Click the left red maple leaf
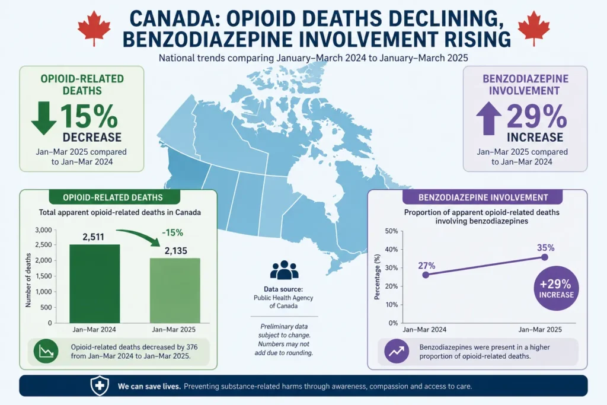click(94, 28)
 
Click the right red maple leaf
click(534, 28)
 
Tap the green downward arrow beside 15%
click(44, 118)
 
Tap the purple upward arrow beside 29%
click(488, 118)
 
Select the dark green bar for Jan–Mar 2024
click(95, 283)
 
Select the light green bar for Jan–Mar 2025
click(175, 291)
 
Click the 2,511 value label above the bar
click(93, 237)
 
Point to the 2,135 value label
click(175, 250)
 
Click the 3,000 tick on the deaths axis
click(43, 230)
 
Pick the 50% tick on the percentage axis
click(391, 231)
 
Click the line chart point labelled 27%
click(426, 275)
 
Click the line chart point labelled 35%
click(545, 257)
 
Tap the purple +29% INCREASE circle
click(556, 288)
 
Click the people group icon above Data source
click(284, 270)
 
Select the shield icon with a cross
click(100, 385)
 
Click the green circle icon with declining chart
click(46, 352)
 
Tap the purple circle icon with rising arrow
click(397, 351)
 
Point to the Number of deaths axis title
click(28, 280)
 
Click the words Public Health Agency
click(283, 298)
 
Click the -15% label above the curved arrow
click(172, 232)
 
